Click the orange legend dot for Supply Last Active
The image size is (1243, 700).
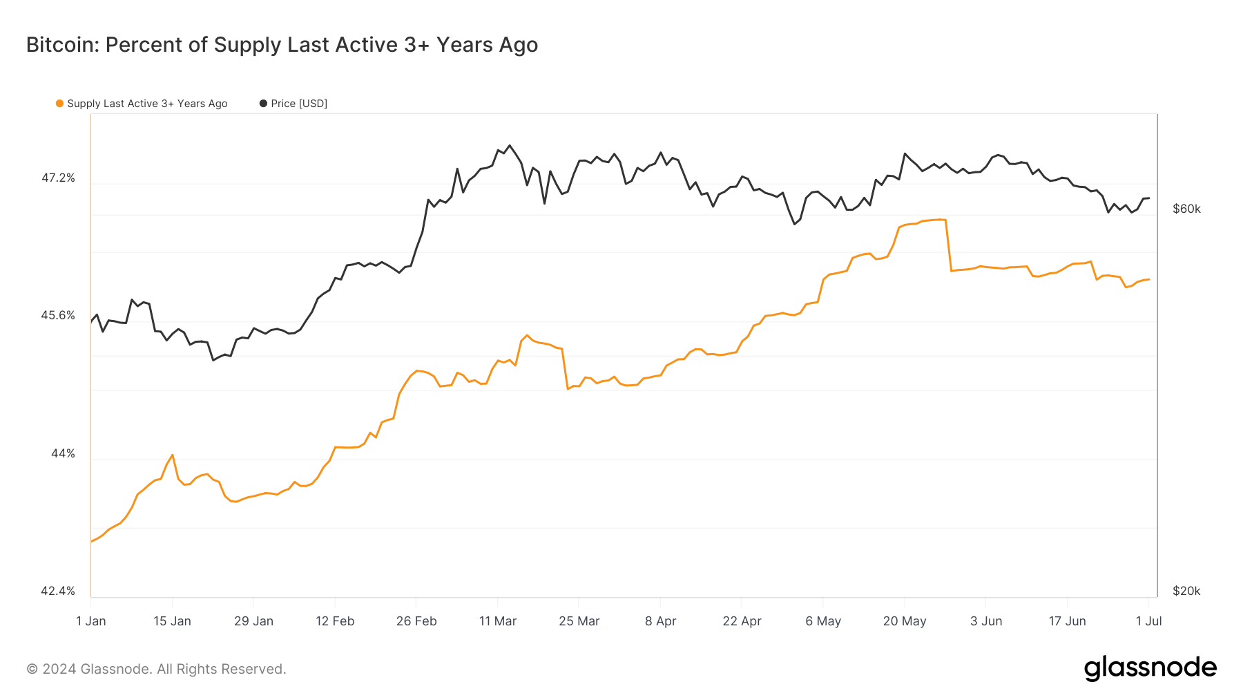pyautogui.click(x=60, y=104)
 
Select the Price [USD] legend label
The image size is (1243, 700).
pyautogui.click(x=299, y=104)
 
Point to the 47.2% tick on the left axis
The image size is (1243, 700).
pyautogui.click(x=58, y=178)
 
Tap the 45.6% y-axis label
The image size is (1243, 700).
pyautogui.click(x=58, y=316)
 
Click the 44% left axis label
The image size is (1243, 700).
pyautogui.click(x=63, y=454)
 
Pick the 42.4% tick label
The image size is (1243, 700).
pyautogui.click(x=58, y=592)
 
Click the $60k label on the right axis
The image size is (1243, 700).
pyautogui.click(x=1186, y=209)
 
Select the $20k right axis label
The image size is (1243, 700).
pyautogui.click(x=1186, y=592)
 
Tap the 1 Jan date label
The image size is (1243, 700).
pyautogui.click(x=91, y=621)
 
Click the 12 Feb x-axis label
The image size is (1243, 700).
pyautogui.click(x=335, y=621)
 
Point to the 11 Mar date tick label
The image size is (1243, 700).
pyautogui.click(x=498, y=621)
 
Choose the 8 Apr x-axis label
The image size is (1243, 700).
pyautogui.click(x=661, y=621)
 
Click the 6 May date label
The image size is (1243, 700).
pyautogui.click(x=823, y=621)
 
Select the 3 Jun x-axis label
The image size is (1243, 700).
pyautogui.click(x=986, y=621)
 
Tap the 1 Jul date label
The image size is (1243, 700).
pyautogui.click(x=1149, y=621)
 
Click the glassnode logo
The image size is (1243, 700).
pyautogui.click(x=1150, y=668)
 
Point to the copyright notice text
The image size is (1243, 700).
pyautogui.click(x=156, y=669)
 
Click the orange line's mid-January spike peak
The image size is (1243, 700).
pyautogui.click(x=173, y=455)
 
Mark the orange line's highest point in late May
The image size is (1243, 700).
pyautogui.click(x=944, y=220)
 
